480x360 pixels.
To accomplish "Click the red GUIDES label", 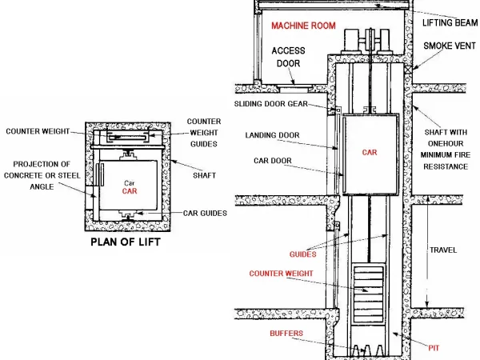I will (x=302, y=254).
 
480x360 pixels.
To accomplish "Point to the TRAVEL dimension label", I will (x=442, y=250).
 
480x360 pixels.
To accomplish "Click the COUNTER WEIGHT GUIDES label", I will (x=204, y=131).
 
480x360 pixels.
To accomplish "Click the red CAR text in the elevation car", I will (x=369, y=151).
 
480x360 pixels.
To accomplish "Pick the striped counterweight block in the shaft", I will (x=369, y=279).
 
